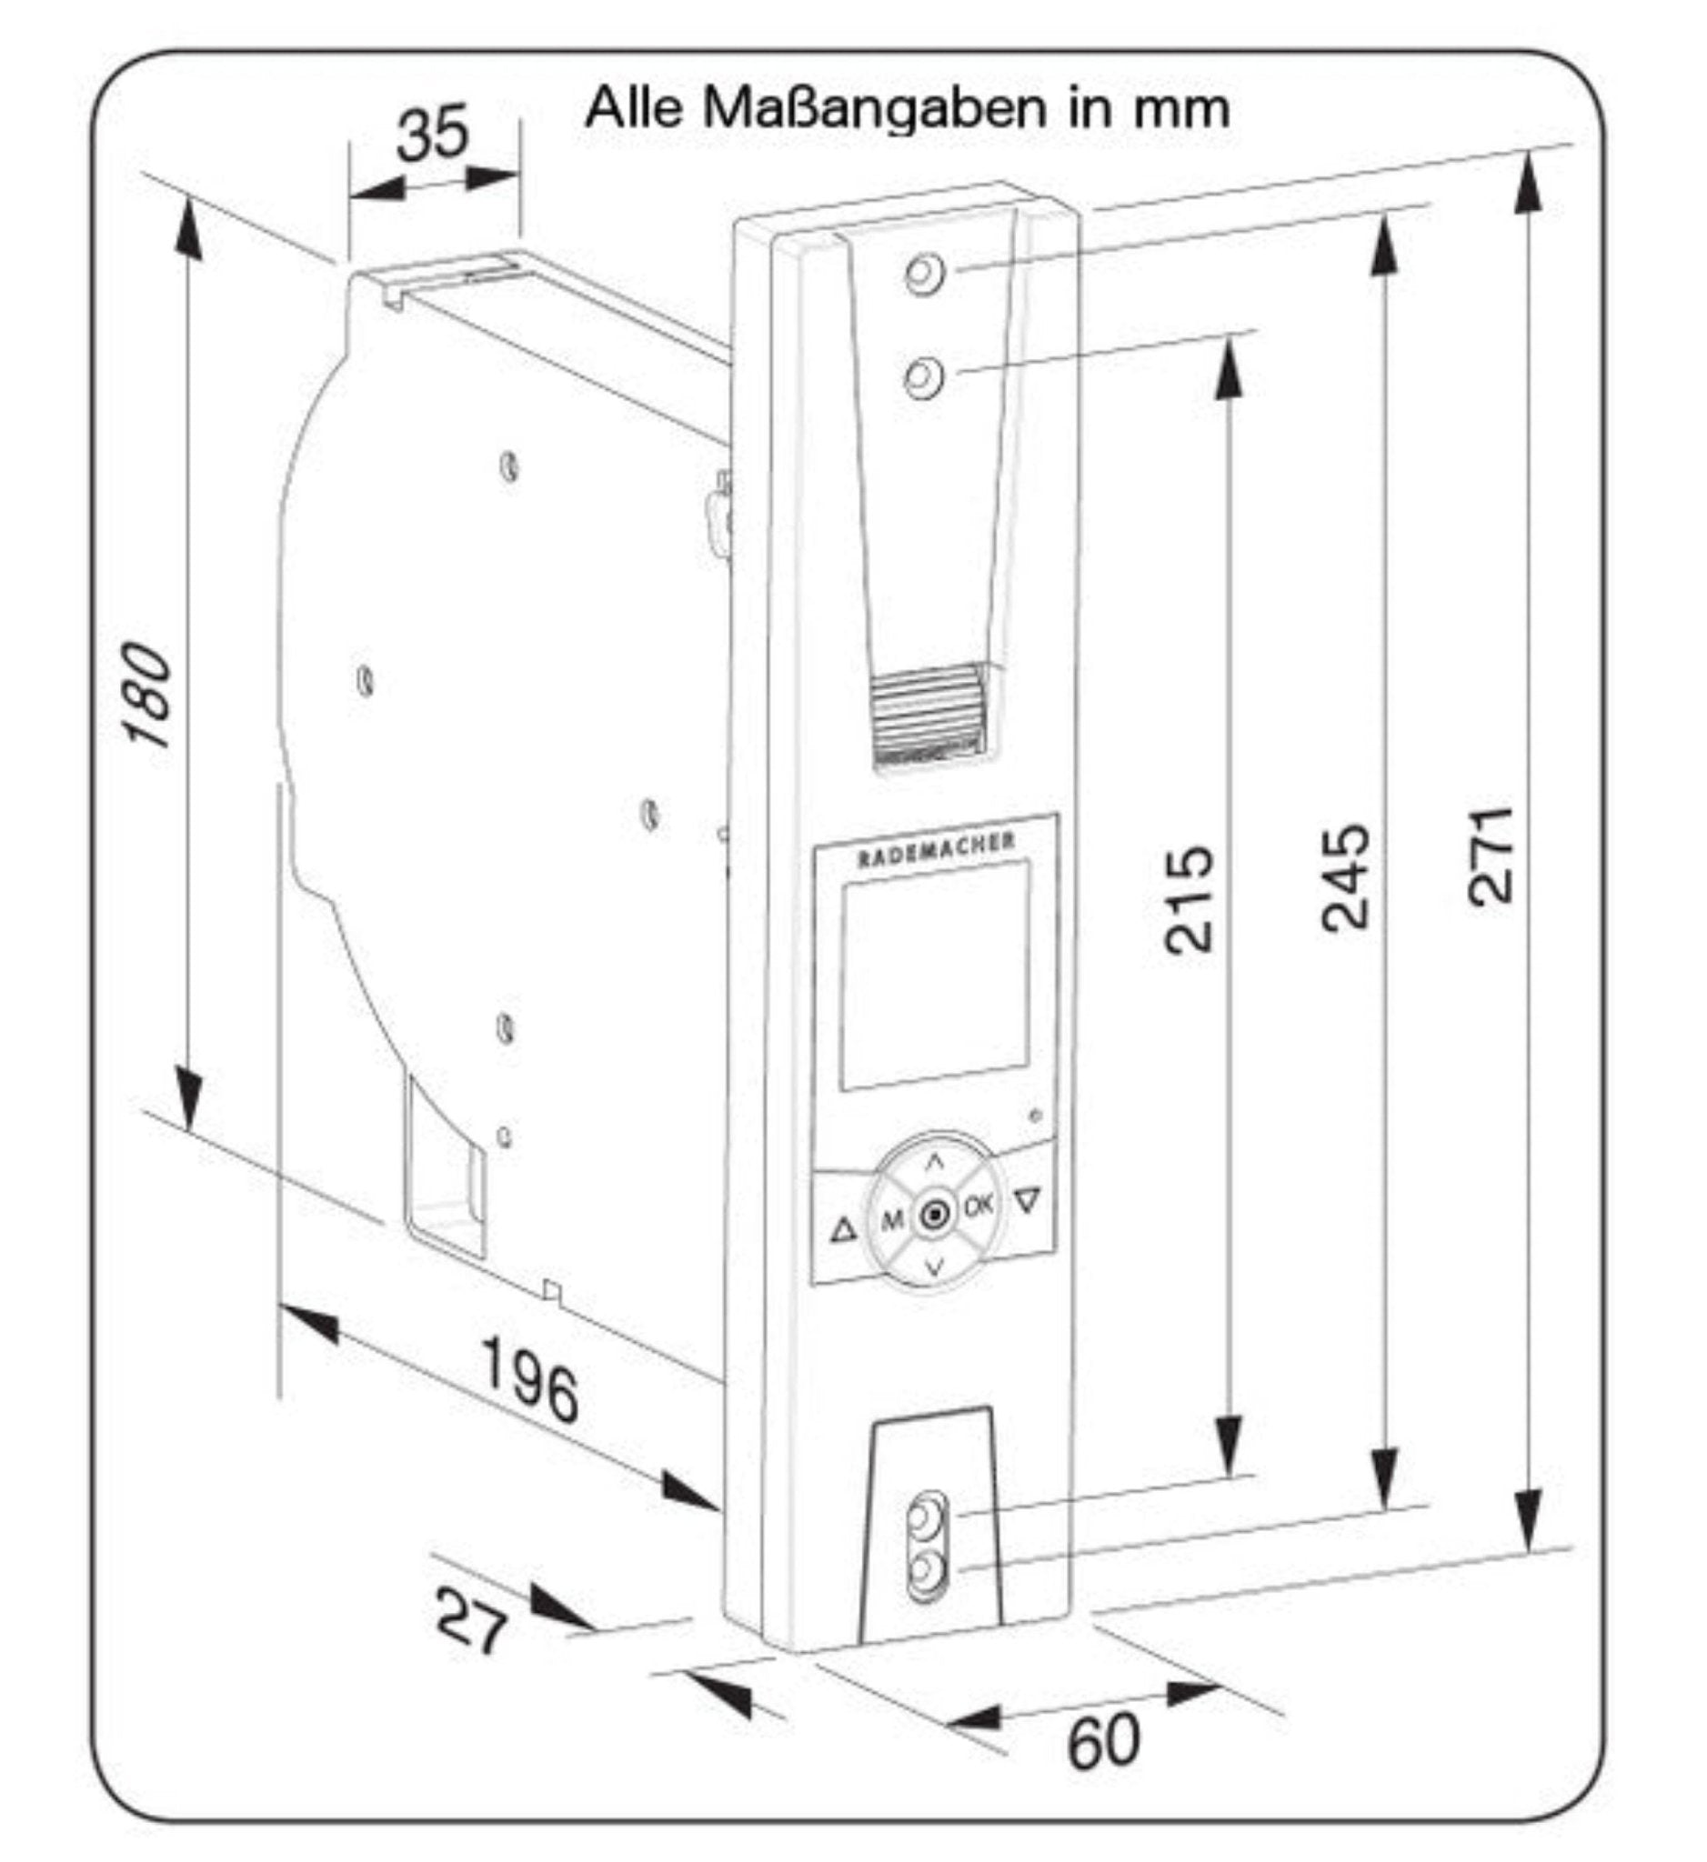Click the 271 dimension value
1490,856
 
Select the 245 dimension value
1345,878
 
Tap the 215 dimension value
1188,898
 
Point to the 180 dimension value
149,695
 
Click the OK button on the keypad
979,1206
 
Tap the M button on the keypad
891,1221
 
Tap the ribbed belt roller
928,715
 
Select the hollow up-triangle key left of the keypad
842,1231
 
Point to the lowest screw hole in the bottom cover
924,1570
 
